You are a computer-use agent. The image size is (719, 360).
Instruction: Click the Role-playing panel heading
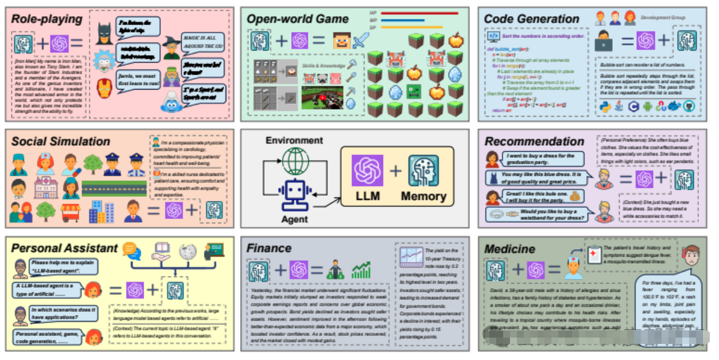click(47, 19)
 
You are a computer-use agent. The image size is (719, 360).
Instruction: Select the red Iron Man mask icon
click(104, 88)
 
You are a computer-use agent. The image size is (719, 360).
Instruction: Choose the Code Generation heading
click(531, 19)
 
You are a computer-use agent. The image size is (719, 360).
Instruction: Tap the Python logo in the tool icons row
click(604, 106)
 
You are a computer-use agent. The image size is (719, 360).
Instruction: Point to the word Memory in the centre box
click(424, 196)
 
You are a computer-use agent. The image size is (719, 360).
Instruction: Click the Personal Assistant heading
click(64, 249)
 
